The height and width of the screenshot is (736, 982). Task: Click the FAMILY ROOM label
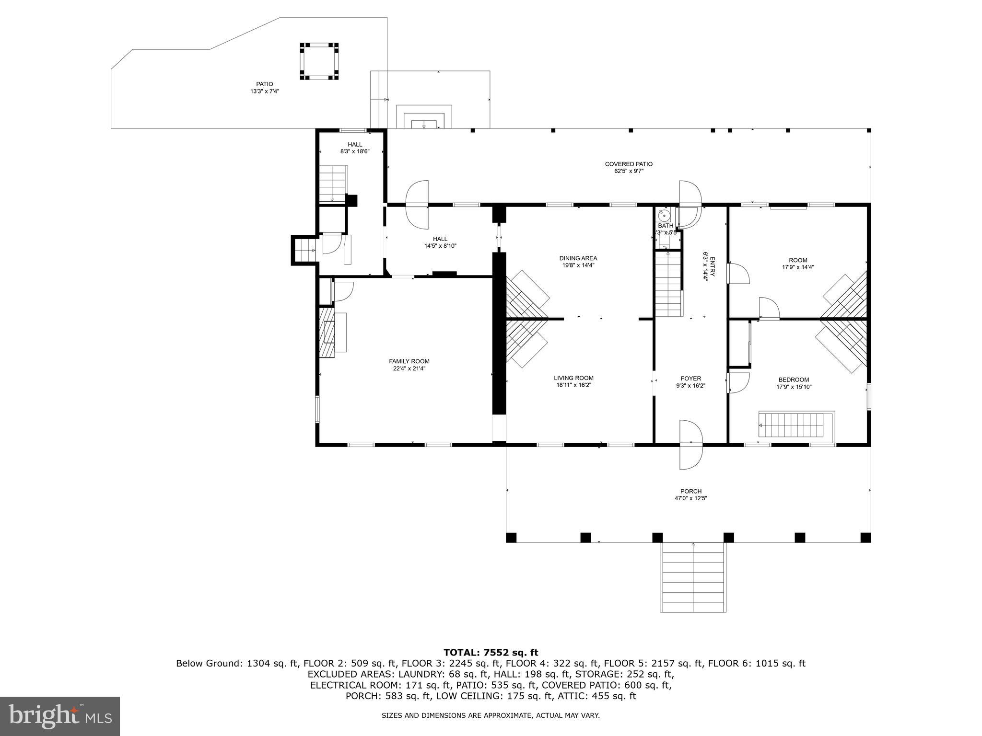click(x=409, y=361)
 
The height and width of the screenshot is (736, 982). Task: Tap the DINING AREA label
click(x=578, y=258)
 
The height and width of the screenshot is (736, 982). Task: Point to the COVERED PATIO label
click(x=628, y=164)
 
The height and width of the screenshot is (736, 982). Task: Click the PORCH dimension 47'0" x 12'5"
click(x=690, y=498)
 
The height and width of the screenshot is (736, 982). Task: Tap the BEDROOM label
click(x=794, y=379)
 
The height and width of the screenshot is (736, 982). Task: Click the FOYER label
click(x=690, y=378)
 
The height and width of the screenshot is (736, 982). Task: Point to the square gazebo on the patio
click(x=319, y=61)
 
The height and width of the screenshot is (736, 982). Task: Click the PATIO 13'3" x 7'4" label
click(x=264, y=87)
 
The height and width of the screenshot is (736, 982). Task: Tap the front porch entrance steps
click(x=693, y=577)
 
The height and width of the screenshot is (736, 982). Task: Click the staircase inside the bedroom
click(x=795, y=425)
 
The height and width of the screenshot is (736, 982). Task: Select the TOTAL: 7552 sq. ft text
click(x=491, y=653)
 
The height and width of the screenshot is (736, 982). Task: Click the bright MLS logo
click(x=59, y=716)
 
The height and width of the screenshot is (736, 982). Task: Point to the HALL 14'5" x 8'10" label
click(x=440, y=242)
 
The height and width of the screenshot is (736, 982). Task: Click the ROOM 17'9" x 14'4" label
click(x=798, y=264)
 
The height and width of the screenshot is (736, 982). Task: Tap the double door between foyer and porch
click(x=691, y=445)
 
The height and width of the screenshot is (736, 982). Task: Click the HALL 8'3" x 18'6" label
click(x=355, y=148)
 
